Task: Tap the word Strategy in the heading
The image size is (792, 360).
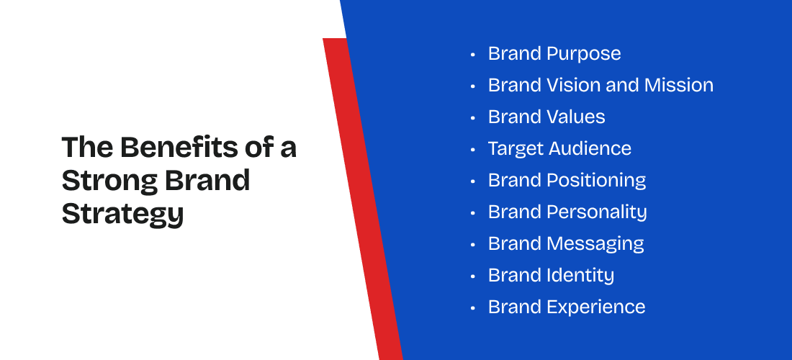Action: click(x=122, y=214)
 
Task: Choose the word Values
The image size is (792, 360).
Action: click(x=576, y=117)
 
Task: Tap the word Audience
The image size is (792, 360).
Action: click(x=590, y=148)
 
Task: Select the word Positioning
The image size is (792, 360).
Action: click(x=597, y=181)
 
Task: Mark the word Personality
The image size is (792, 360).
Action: click(x=597, y=212)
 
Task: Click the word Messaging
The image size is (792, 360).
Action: click(x=595, y=244)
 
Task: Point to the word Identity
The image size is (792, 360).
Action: click(x=580, y=276)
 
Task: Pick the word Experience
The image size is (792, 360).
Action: click(x=596, y=307)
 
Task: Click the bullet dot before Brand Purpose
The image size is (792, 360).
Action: click(x=473, y=54)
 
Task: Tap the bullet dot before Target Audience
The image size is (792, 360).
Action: click(x=473, y=150)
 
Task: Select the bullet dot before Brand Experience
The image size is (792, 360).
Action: click(x=473, y=308)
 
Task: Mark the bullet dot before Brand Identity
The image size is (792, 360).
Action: click(x=473, y=276)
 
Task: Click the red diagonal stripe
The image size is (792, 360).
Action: click(x=363, y=199)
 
